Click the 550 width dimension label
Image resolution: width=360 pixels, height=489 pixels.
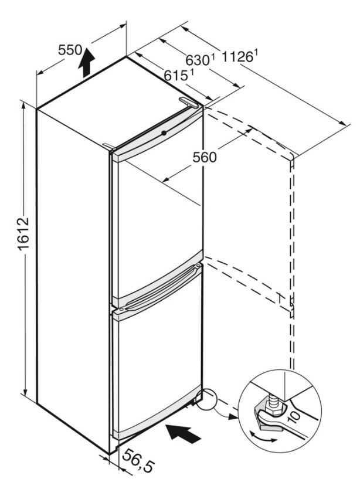pos(70,50)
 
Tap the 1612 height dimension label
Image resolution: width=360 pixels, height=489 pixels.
pos(23,234)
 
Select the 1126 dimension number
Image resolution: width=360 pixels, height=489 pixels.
pos(237,57)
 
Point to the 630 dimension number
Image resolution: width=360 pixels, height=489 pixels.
pos(197,60)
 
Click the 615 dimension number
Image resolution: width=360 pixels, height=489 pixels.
pos(175,76)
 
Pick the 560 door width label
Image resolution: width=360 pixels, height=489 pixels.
pos(205,157)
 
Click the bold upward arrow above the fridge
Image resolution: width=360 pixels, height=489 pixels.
pos(86,63)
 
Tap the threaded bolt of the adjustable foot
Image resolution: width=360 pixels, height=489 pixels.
pos(273,402)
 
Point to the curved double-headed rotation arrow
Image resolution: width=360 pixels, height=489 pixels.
pos(263,437)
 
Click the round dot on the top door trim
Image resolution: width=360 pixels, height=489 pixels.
pos(164,133)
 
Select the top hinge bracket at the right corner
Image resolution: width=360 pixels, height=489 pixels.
pos(188,103)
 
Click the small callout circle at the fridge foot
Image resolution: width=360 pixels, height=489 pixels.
pos(206,399)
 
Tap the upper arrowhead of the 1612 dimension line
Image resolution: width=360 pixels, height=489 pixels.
pos(23,106)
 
